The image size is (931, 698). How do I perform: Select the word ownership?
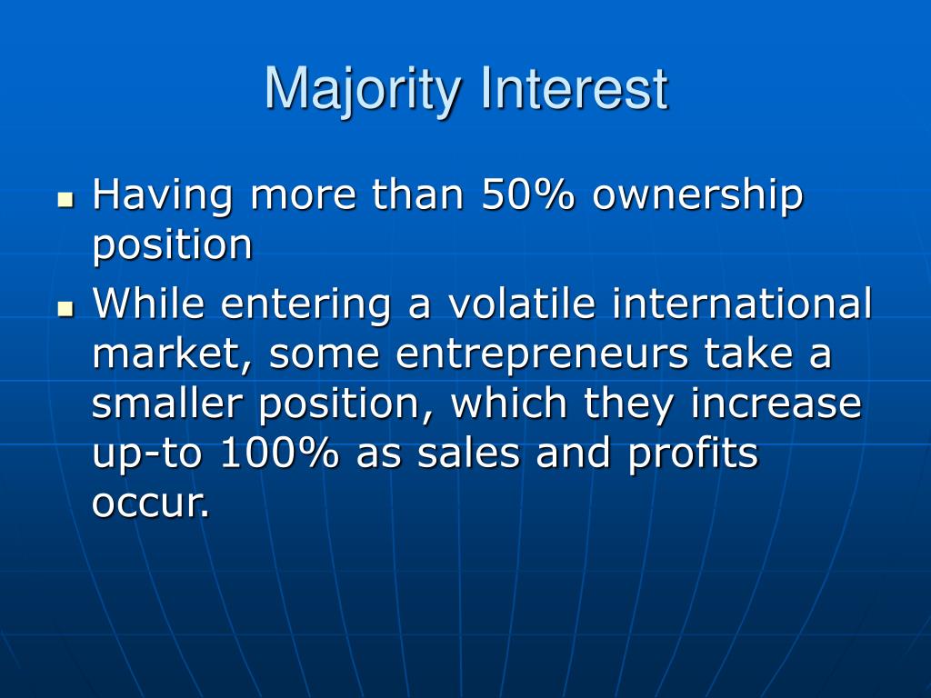698,196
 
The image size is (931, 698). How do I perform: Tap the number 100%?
280,454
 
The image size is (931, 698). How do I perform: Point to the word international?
742,304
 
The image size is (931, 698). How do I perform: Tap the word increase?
776,404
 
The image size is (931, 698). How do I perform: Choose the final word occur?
150,504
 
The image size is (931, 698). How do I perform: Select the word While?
149,304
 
